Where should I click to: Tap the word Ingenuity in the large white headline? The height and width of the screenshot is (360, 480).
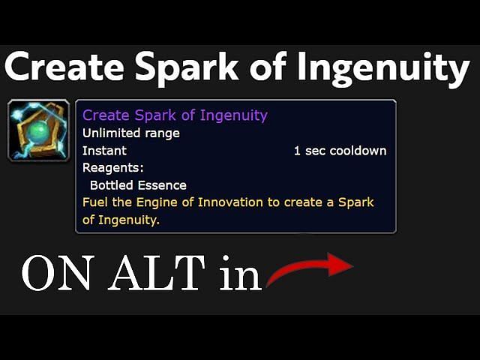(x=383, y=70)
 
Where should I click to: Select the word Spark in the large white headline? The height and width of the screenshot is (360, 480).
(x=187, y=70)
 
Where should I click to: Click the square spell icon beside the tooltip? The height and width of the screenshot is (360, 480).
(x=38, y=130)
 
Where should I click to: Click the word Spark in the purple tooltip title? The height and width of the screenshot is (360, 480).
(x=155, y=115)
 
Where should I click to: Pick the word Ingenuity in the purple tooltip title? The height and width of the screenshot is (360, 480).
(x=233, y=116)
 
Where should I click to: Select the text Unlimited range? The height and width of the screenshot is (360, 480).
(x=131, y=133)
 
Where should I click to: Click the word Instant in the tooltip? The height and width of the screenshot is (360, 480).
(x=104, y=151)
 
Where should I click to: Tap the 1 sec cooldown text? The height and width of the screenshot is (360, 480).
(x=340, y=151)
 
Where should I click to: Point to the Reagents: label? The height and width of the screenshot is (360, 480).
(x=113, y=168)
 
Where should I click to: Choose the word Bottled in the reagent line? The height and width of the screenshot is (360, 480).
(x=112, y=185)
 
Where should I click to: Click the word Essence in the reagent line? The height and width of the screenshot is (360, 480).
(x=162, y=185)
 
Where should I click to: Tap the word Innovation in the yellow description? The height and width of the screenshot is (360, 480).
(x=230, y=202)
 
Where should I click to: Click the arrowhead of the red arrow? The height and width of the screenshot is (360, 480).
(x=340, y=265)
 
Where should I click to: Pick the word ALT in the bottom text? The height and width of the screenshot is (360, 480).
(x=157, y=273)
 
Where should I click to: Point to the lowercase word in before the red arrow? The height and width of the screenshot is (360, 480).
(x=240, y=273)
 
